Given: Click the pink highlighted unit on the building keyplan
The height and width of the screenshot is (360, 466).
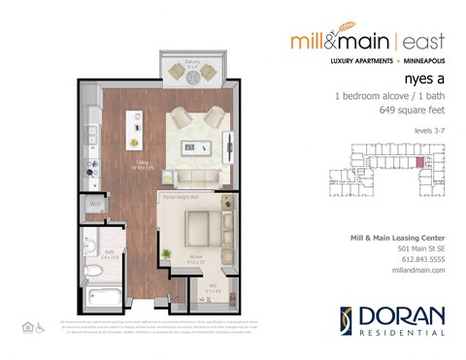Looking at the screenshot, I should pos(419,162).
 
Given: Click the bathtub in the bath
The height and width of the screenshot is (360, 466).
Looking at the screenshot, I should pos(99,296).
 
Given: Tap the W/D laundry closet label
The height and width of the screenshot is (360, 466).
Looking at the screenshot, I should pos(96,205).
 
